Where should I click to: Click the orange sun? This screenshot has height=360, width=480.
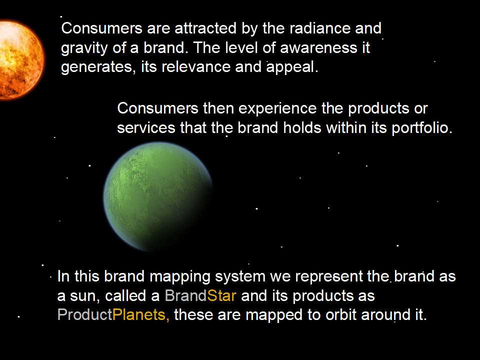tap(21, 60)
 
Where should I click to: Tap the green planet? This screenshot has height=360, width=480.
tap(158, 196)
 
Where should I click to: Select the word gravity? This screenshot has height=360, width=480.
tap(84, 48)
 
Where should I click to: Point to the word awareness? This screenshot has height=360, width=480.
tap(318, 48)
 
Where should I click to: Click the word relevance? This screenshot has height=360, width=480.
tap(196, 67)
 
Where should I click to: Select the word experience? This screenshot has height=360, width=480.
tap(277, 109)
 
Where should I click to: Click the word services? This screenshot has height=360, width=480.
tap(146, 127)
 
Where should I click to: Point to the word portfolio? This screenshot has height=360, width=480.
tap(422, 127)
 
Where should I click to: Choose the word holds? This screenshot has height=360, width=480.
tap(302, 127)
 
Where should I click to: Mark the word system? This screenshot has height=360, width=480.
tap(240, 277)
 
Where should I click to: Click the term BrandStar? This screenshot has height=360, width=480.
tap(200, 295)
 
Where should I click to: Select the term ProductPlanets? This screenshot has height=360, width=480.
tap(113, 314)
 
